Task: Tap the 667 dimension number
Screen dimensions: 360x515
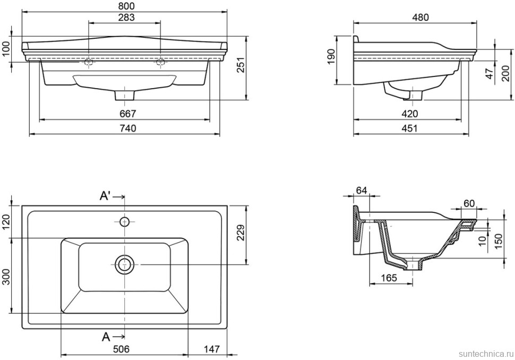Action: coord(128,114)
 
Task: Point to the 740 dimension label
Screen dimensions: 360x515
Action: coord(127,128)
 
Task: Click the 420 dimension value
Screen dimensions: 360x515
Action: coord(410,114)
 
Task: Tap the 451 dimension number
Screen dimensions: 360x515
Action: coord(410,128)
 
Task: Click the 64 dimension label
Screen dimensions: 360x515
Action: coord(362,190)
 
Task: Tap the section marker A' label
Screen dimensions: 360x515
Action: coord(106,196)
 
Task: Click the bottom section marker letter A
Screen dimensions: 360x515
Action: coord(106,336)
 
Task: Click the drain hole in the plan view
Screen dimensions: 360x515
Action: coord(125,264)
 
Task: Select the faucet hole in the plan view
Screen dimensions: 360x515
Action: coord(125,221)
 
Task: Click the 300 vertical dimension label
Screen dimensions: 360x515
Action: coord(6,276)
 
